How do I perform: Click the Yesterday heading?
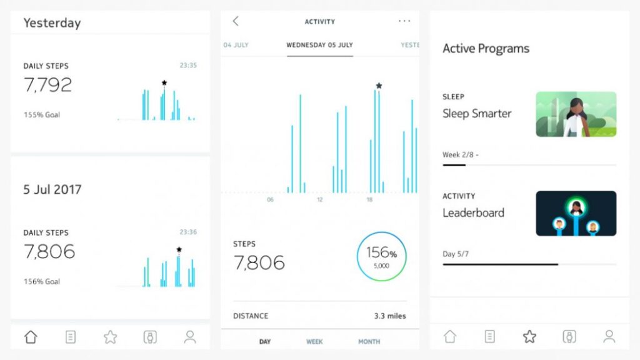(x=52, y=23)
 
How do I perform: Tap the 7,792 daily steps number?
(x=47, y=85)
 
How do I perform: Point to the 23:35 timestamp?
(x=188, y=66)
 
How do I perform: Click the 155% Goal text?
(x=42, y=115)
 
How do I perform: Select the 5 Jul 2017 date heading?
(x=52, y=189)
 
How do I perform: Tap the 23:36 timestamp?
(x=188, y=232)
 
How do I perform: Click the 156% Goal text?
(x=42, y=282)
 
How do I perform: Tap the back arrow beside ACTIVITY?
(x=236, y=21)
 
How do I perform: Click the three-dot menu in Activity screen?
(x=404, y=21)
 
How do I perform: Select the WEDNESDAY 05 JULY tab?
(x=319, y=45)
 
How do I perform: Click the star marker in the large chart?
(x=379, y=86)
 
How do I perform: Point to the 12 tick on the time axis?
(x=320, y=200)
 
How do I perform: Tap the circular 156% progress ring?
(x=381, y=256)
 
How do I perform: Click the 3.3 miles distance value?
(x=390, y=316)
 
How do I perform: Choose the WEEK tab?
(x=314, y=342)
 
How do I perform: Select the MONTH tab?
(x=369, y=342)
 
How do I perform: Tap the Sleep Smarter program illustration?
(x=576, y=114)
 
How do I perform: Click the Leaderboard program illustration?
(x=576, y=214)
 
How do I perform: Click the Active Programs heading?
(x=486, y=49)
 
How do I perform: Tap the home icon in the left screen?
(x=31, y=337)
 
